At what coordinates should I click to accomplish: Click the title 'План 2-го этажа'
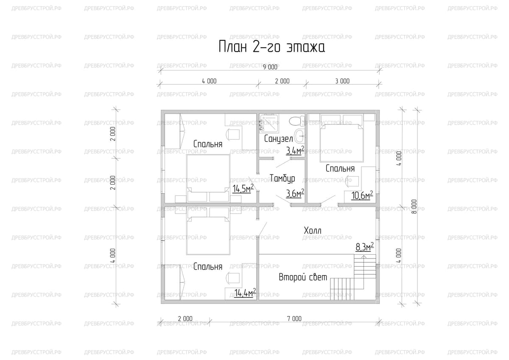point(272,47)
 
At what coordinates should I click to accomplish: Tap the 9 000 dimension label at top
point(270,67)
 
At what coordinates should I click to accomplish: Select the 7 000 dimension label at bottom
point(294,319)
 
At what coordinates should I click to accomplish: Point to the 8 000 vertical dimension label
point(414,206)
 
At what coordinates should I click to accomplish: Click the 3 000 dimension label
point(342,81)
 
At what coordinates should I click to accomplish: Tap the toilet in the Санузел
point(297,121)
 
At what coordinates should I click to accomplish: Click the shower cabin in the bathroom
point(269,123)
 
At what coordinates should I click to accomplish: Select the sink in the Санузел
point(300,136)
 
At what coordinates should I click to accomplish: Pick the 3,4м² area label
point(295,150)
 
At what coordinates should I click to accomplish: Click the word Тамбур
point(282,178)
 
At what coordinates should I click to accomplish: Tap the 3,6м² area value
point(295,193)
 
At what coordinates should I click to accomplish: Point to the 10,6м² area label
point(362,195)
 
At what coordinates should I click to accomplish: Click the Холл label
point(313,231)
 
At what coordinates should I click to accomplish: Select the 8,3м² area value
point(364,247)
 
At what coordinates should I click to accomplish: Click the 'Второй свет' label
point(303,277)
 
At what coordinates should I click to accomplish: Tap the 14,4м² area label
point(245,292)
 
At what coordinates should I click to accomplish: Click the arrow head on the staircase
point(364,257)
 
